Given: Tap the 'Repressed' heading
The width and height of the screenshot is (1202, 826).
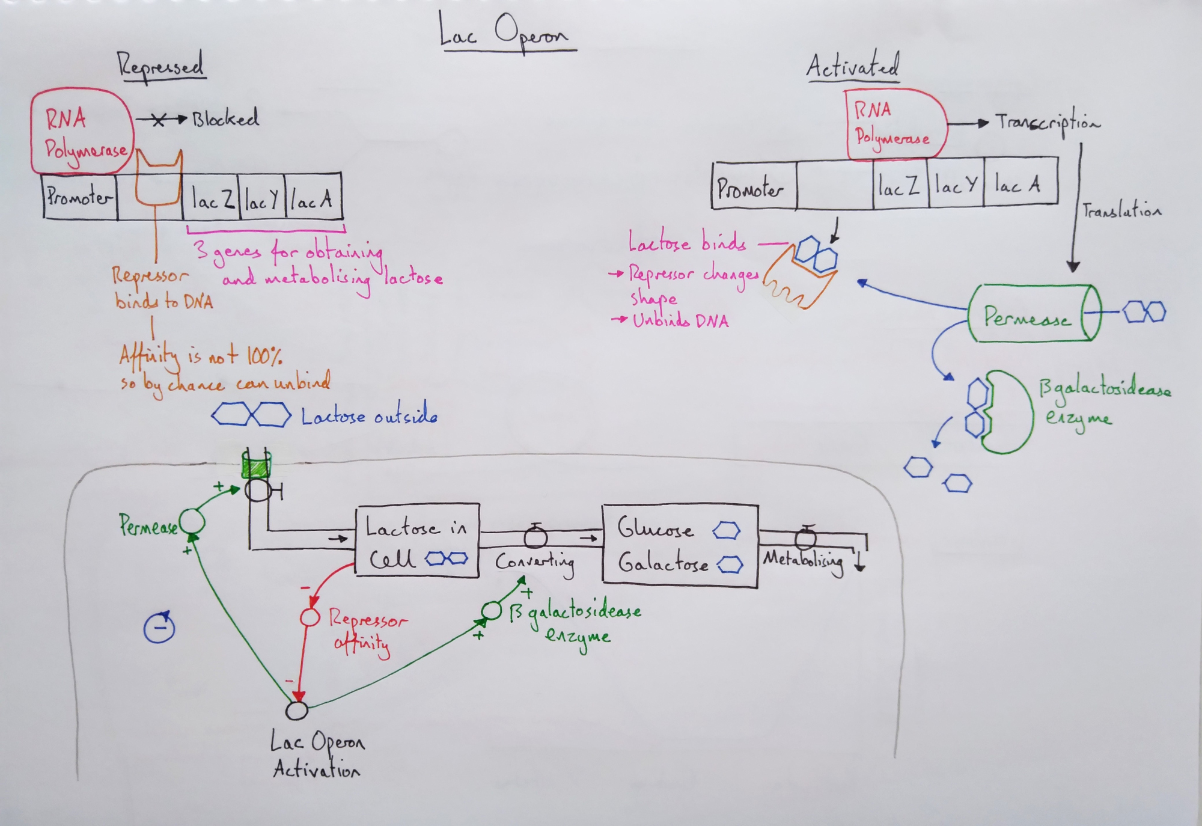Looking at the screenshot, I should click(160, 66).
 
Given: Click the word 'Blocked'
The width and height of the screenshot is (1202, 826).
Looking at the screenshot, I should click(225, 118).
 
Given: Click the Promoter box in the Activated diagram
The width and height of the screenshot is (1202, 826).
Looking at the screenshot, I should click(753, 186).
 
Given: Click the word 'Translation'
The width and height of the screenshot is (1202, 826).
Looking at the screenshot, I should click(1121, 210).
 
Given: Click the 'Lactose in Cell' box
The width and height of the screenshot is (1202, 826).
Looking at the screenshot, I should click(417, 540).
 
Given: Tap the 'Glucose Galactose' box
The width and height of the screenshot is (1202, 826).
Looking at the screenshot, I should click(680, 545).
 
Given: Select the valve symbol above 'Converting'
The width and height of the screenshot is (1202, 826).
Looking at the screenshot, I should click(535, 536).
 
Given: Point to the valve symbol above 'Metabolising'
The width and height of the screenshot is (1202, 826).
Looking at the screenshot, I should click(805, 536).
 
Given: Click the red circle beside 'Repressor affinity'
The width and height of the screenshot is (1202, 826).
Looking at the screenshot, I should click(310, 617).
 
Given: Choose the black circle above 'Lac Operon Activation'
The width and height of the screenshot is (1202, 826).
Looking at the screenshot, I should click(296, 711).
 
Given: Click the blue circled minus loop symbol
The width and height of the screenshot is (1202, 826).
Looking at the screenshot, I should click(159, 628).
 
